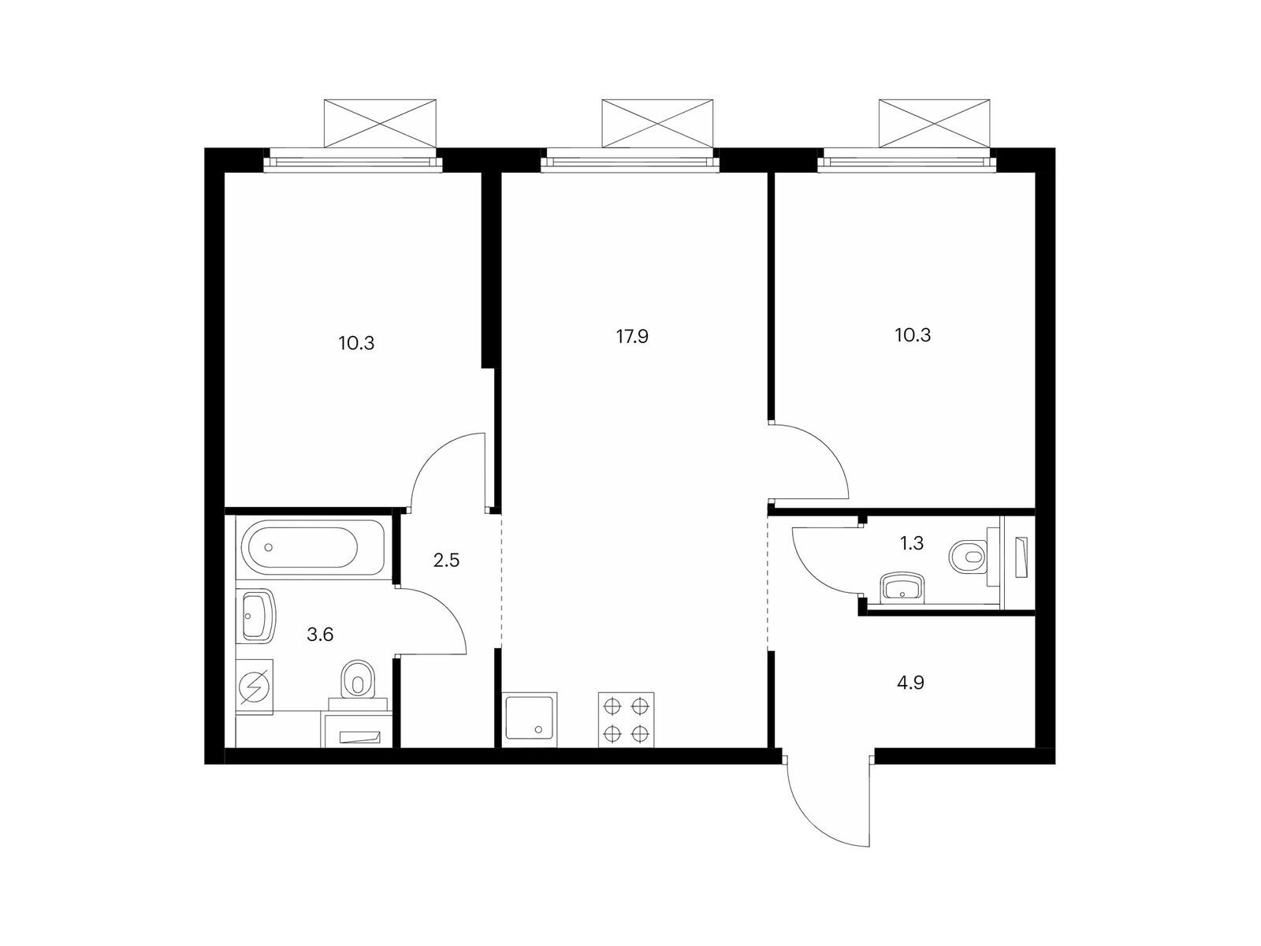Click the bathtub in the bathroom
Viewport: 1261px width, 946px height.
coord(312,547)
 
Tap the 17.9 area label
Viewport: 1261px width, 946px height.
coord(632,337)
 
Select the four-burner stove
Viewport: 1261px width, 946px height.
coord(626,720)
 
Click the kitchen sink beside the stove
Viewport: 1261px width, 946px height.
coord(530,720)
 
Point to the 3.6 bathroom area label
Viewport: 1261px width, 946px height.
coord(320,635)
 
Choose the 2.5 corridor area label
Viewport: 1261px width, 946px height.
coord(446,561)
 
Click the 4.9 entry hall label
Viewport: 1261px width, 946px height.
coord(910,683)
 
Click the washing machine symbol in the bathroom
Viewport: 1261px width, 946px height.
coord(255,687)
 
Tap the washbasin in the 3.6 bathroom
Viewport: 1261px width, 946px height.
coord(256,615)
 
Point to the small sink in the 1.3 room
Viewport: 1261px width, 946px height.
coord(902,587)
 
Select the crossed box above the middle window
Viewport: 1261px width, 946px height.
coord(657,124)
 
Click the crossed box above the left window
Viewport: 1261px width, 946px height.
coord(380,124)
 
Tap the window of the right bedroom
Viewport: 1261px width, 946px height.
coord(907,160)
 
